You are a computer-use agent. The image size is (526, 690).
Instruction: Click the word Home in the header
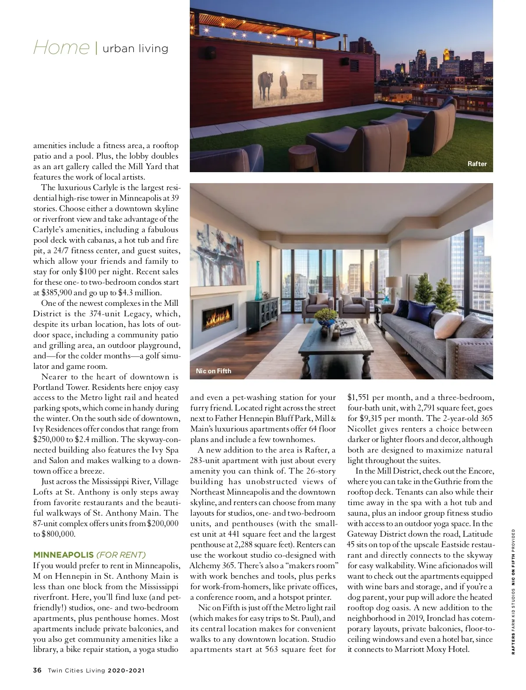pyautogui.click(x=61, y=47)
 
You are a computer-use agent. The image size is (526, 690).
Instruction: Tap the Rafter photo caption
pyautogui.click(x=477, y=164)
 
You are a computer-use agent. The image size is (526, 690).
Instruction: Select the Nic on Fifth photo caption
pyautogui.click(x=213, y=371)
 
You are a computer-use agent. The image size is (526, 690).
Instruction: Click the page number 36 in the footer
pyautogui.click(x=37, y=670)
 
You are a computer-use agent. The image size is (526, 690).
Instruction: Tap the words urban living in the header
pyautogui.click(x=135, y=48)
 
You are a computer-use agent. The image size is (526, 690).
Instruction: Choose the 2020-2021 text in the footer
pyautogui.click(x=126, y=670)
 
